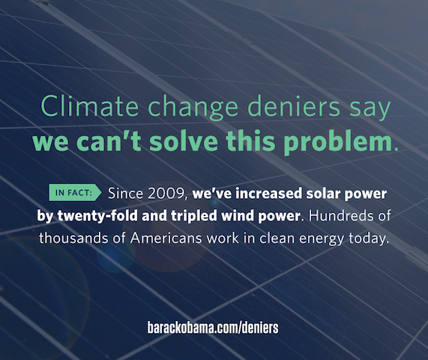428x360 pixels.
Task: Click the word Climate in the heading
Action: [x=90, y=106]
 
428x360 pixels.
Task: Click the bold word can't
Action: [x=109, y=141]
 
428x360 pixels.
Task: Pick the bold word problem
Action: [x=338, y=142]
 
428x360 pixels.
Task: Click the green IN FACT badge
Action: [x=75, y=193]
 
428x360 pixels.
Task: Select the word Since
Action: [x=125, y=193]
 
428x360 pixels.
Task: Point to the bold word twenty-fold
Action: [x=97, y=216]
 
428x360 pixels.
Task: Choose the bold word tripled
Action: [x=194, y=217]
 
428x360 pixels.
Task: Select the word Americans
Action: [x=166, y=238]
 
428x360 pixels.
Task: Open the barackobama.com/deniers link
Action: [x=213, y=328]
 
